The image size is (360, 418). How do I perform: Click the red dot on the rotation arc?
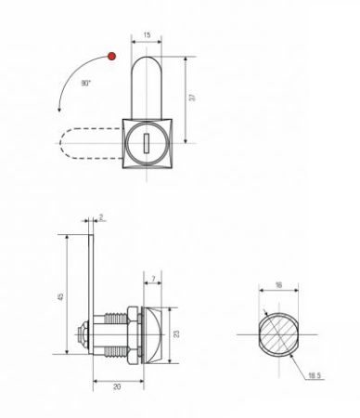(111, 59)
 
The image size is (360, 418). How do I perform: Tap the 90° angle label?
(85, 84)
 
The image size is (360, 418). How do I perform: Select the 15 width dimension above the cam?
(148, 35)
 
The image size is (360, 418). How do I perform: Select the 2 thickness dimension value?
(102, 217)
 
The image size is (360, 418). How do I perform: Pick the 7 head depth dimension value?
(153, 280)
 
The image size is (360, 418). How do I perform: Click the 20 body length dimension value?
(117, 386)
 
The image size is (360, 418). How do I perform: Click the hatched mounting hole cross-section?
(277, 333)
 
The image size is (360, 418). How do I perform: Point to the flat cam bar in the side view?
(94, 279)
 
